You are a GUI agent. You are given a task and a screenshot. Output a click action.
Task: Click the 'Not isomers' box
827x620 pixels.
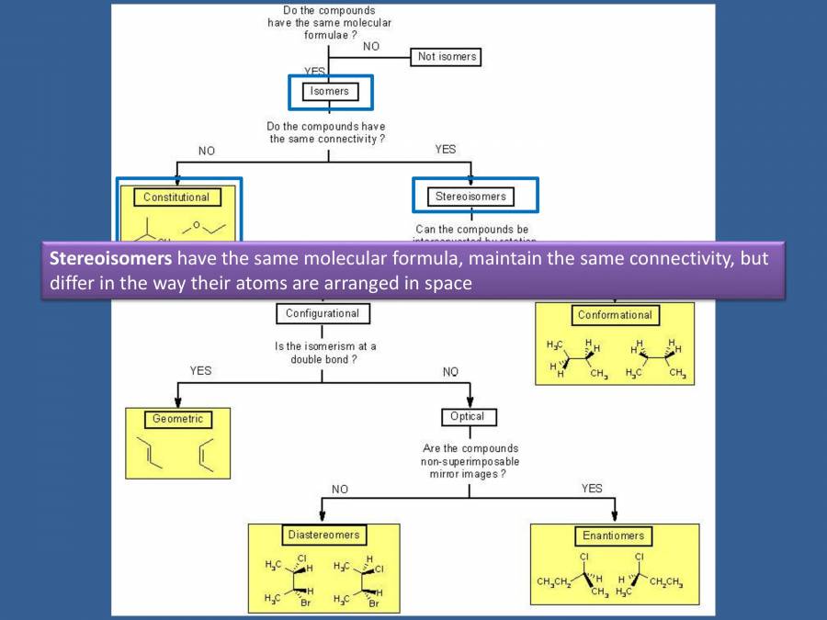[x=447, y=57]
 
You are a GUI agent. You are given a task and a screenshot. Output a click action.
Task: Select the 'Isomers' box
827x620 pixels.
[x=330, y=91]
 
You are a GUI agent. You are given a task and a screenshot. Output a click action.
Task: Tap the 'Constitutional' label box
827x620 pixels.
[x=176, y=197]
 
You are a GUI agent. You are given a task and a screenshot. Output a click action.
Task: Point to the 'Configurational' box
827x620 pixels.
[x=322, y=313]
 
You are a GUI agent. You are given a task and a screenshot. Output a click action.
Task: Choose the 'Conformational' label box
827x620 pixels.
[x=615, y=315]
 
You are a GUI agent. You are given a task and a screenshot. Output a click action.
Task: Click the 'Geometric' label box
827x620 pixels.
[x=176, y=419]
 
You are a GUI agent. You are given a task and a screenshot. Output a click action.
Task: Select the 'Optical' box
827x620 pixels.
[x=469, y=416]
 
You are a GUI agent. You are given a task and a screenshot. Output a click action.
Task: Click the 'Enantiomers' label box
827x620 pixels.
[x=614, y=535]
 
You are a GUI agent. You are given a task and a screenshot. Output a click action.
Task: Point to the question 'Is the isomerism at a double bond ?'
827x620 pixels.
[x=322, y=352]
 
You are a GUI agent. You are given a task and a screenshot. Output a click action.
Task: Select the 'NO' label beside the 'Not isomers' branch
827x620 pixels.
[x=372, y=45]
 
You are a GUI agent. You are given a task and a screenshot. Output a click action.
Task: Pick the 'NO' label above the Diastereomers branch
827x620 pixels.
[x=340, y=490]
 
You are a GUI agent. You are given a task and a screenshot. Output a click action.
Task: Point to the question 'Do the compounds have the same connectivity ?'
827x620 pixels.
[x=325, y=131]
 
